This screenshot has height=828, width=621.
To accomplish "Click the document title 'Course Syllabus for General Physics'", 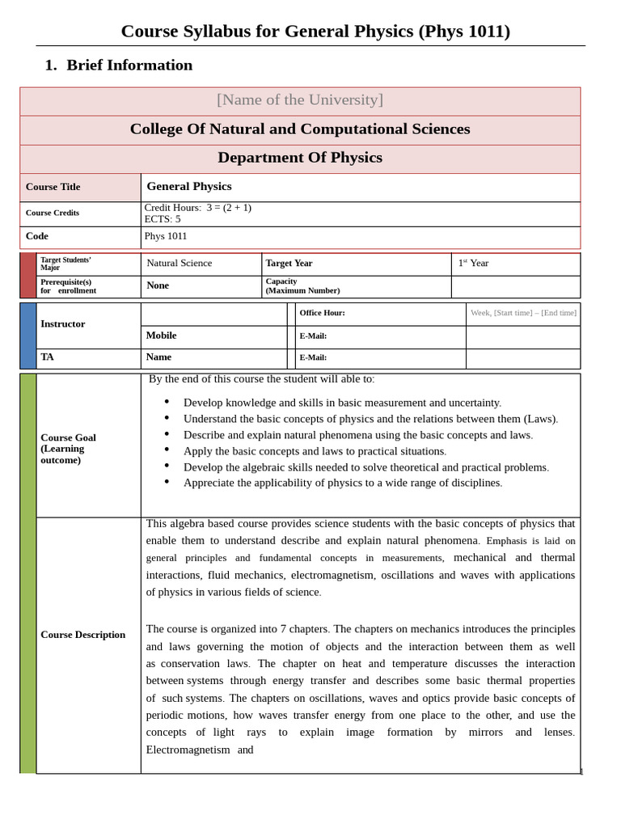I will [x=315, y=32].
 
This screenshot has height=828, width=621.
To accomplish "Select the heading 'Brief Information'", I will [x=129, y=65].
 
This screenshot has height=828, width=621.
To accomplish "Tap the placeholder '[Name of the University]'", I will [x=300, y=100].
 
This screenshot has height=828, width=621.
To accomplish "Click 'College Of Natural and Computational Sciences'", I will [x=300, y=129].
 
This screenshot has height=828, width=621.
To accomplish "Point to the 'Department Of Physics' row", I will [x=300, y=158].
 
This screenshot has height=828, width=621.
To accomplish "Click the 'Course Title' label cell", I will [x=53, y=187].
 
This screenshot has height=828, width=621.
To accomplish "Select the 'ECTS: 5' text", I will [x=163, y=219].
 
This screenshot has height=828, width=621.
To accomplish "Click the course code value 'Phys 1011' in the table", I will [x=166, y=236].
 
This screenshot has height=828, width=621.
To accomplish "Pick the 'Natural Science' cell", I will [x=180, y=263].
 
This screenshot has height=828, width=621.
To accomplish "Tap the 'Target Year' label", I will [x=289, y=264].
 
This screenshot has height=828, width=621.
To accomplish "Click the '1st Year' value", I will [x=473, y=263].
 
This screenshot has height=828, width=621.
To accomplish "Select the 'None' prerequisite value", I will [x=158, y=285].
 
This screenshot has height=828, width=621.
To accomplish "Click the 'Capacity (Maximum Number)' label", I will [x=302, y=286].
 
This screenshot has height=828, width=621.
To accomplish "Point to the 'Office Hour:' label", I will [x=322, y=313].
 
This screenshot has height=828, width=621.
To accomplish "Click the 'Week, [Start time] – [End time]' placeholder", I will [x=523, y=313].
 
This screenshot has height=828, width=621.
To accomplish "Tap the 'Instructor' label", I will [x=63, y=324].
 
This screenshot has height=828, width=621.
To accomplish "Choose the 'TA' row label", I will [x=48, y=357].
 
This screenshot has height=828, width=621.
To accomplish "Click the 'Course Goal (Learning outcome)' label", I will [x=69, y=449].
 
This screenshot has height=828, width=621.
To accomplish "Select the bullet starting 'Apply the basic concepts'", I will [x=315, y=451].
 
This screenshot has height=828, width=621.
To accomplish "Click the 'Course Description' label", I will [x=83, y=635].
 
